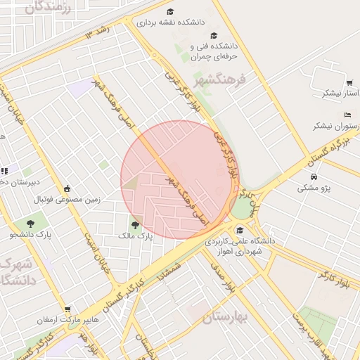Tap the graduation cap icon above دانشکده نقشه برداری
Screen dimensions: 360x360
coord(169,11)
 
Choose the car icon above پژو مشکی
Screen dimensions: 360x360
coord(314,176)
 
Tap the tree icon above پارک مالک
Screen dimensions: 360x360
coord(136,225)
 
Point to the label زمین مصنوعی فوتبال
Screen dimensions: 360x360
coord(67,199)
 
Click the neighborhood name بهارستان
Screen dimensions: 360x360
coord(226,317)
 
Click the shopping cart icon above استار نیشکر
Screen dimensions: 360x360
coord(349,82)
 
